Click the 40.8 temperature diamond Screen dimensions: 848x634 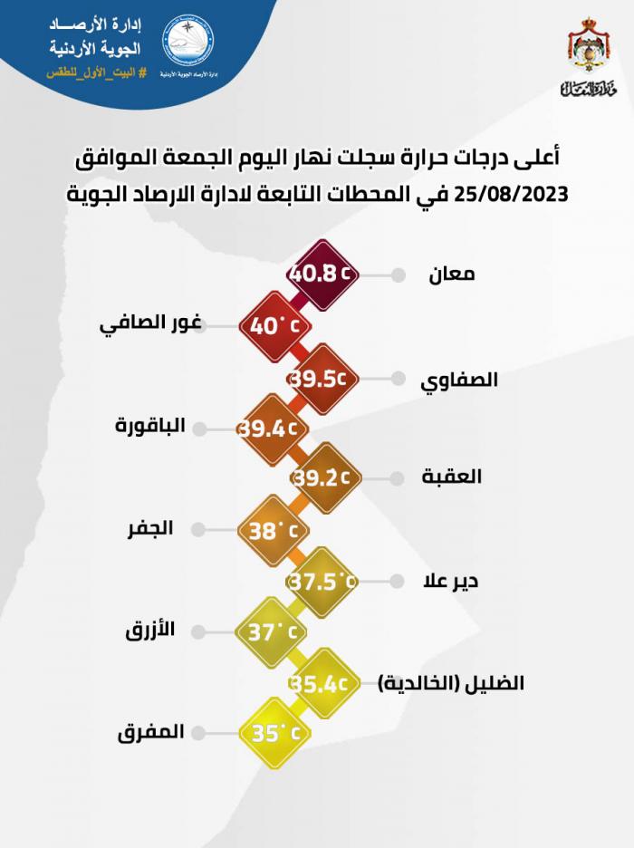tap(322, 272)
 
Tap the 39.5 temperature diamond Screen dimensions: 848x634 tap(322, 375)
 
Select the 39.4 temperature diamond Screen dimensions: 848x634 tap(269, 426)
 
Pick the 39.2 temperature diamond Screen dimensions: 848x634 tap(322, 477)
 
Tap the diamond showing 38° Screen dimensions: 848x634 tap(269, 529)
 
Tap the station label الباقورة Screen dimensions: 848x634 tap(151, 427)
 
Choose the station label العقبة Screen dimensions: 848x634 tap(453, 477)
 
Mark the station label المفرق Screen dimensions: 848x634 tap(150, 733)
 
